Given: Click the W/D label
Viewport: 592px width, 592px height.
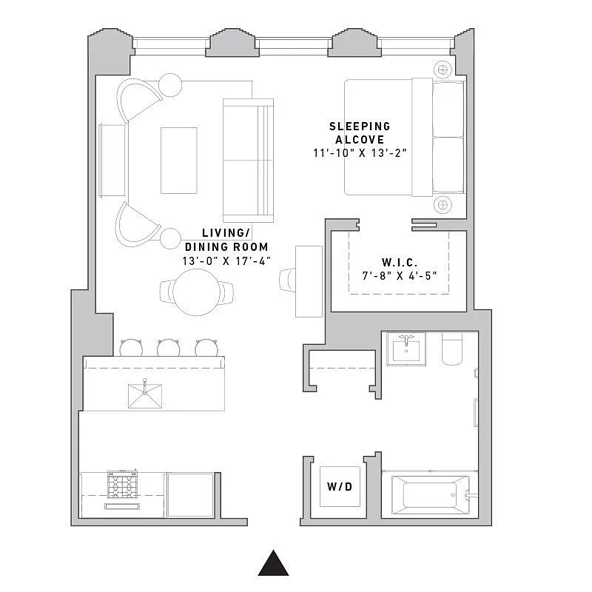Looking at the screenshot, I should [340, 487].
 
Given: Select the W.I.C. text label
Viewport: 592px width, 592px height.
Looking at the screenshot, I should [400, 263].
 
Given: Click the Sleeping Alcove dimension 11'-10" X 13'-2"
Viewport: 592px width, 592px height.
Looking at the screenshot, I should [360, 153].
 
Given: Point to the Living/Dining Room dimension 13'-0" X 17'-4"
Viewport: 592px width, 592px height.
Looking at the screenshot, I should [226, 261].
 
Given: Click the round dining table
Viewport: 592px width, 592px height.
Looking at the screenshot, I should [196, 292].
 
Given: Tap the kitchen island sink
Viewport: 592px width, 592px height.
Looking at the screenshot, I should [145, 394].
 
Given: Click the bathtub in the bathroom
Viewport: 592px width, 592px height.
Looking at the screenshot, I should [429, 494].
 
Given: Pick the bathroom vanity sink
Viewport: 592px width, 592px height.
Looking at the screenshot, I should [406, 349].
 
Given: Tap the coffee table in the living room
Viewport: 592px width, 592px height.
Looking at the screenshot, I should [179, 160].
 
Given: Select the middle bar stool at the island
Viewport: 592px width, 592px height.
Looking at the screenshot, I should [168, 347].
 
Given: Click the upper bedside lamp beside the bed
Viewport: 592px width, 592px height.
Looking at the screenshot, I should [443, 70].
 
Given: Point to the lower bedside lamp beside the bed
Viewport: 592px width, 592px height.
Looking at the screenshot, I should [443, 203].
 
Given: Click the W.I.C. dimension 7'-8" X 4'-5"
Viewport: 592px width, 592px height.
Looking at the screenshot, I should [400, 277].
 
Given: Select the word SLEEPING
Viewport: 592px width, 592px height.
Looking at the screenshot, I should [360, 127].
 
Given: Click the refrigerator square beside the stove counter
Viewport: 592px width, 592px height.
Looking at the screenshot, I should [190, 494].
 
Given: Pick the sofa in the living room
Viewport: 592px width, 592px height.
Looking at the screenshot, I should [248, 160].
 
